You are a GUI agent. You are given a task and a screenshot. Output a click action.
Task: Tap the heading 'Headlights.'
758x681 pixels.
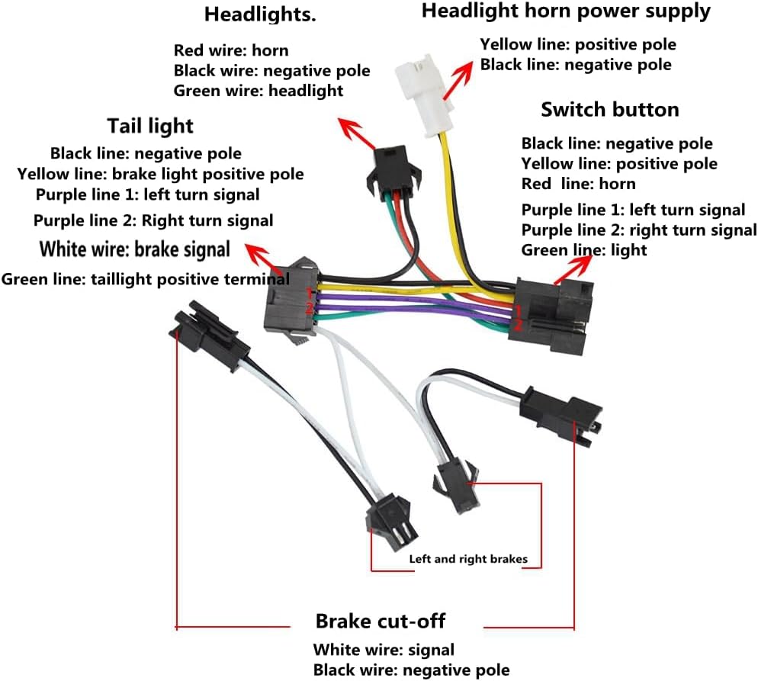tap(259, 14)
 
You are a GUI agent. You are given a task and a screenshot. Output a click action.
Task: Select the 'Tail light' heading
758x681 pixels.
tap(150, 125)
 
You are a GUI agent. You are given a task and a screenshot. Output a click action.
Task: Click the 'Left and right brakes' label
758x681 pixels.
tap(468, 559)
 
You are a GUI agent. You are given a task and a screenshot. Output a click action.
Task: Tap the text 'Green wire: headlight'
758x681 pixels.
tap(258, 91)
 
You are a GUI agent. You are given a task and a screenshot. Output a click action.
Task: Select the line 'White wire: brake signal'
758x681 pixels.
tap(134, 249)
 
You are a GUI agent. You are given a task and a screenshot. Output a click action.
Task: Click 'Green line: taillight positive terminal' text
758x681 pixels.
tap(145, 279)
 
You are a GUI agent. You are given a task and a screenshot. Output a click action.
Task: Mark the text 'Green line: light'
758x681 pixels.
tap(583, 250)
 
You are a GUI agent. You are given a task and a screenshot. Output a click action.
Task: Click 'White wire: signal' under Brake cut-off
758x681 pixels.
tap(384, 650)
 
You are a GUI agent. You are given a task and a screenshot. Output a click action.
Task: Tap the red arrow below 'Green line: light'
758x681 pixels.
tap(576, 268)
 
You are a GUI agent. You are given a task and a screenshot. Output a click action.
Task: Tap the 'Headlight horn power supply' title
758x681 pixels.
tap(565, 11)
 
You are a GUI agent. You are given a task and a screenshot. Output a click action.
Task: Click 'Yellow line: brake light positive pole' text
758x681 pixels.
tap(160, 174)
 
